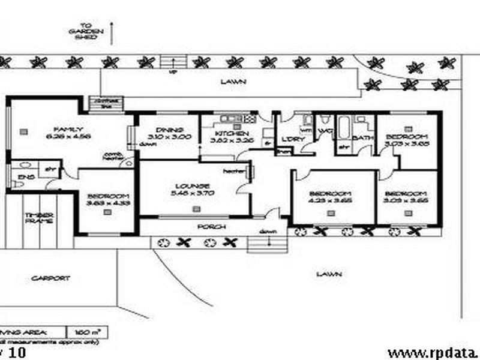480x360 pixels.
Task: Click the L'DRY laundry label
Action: [293, 139]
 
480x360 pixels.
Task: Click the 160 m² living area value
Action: [82, 331]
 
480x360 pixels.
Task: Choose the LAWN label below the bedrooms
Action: [329, 274]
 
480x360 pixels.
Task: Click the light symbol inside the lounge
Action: [195, 209]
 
